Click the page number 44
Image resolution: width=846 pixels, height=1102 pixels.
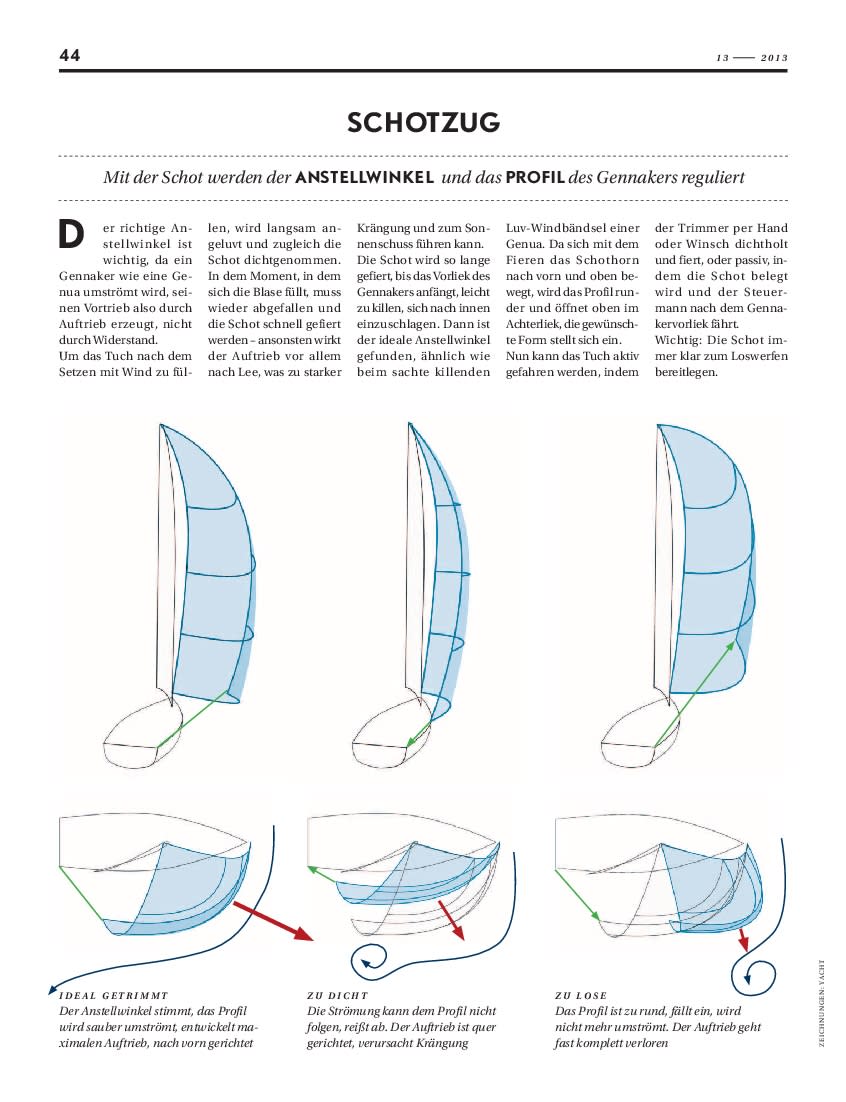[x=70, y=55]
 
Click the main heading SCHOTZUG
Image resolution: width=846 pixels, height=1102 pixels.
[x=423, y=123]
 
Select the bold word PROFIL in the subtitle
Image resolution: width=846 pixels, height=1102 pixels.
[x=534, y=178]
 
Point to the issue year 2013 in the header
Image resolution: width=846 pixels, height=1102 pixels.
[x=774, y=58]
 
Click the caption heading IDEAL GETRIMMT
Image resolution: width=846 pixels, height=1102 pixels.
[x=114, y=996]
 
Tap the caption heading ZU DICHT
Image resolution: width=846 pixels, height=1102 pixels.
[x=337, y=996]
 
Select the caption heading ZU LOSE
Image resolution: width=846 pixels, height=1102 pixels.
[x=580, y=996]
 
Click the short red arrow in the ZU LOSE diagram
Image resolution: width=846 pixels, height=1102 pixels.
[x=744, y=938]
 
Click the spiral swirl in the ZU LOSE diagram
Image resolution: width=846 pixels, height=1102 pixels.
[x=759, y=974]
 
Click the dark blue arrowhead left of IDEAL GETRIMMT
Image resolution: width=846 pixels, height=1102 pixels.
[x=51, y=990]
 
